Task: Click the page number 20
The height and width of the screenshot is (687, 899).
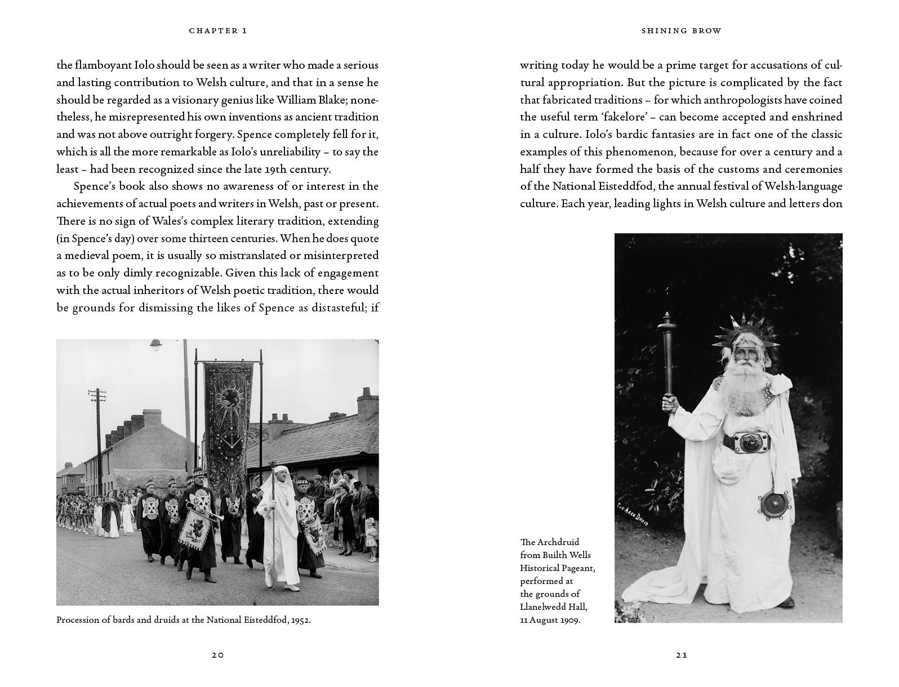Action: click(218, 655)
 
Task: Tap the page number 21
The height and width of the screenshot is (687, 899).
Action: click(682, 655)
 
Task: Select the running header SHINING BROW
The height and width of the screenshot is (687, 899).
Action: click(681, 31)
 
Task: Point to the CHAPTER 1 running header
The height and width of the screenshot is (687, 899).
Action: click(218, 31)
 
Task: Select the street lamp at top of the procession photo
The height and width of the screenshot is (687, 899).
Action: click(156, 344)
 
